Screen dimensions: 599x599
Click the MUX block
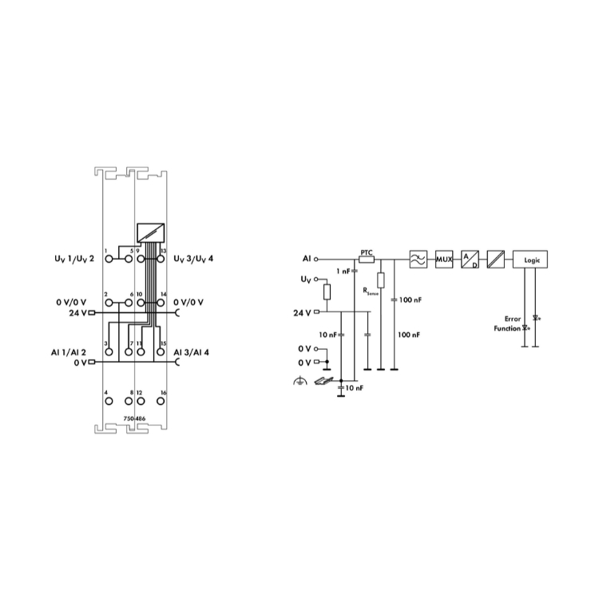444,260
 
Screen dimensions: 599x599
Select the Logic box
530,260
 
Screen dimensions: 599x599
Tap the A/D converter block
470,260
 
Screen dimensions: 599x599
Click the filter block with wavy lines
419,260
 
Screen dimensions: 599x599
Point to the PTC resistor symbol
367,260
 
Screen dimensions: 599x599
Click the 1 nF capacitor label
343,272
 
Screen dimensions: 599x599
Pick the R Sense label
371,292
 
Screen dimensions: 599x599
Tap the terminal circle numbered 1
109,260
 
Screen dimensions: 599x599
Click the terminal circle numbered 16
161,401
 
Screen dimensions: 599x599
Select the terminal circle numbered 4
109,401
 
